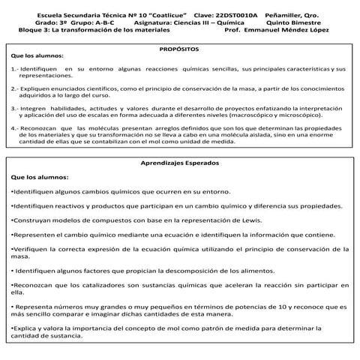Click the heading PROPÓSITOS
click(179, 47)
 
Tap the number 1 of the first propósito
click(13, 68)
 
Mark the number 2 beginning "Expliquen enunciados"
click(13, 88)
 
